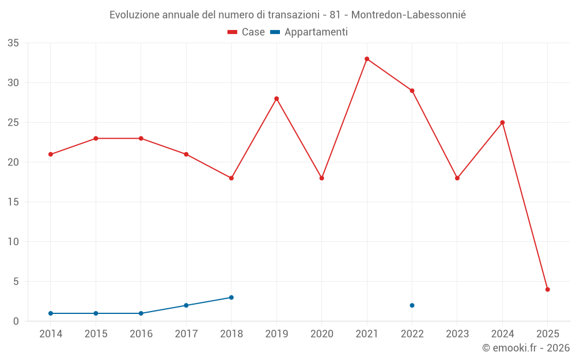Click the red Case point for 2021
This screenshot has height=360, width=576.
coord(367,59)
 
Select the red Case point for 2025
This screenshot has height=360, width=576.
coord(548,289)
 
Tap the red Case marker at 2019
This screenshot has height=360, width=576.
coord(276,98)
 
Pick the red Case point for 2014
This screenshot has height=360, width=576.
coord(51,154)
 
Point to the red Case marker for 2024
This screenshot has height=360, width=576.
coord(502,123)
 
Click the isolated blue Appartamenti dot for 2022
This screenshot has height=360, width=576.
coord(412,305)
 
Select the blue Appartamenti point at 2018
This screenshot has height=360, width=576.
coord(231,297)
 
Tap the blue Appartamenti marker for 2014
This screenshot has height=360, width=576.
coord(51,313)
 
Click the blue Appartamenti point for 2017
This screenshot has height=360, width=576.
coord(186,305)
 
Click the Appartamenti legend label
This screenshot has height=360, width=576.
coord(316,32)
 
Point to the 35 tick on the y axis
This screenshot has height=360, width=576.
coord(13,43)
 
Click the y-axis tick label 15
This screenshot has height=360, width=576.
coord(13,202)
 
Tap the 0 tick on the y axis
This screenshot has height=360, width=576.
coord(16,321)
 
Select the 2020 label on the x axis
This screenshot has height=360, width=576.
coord(321,334)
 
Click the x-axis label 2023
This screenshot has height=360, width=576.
coord(457,334)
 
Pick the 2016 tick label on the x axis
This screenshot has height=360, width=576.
coord(141,334)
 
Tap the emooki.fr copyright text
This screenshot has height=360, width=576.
coord(526,348)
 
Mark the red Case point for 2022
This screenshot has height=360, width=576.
coord(412,90)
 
